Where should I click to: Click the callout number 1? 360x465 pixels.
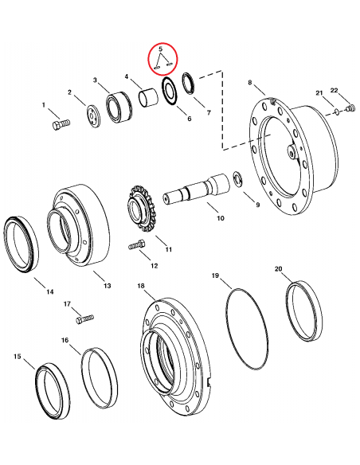pyautogui.click(x=45, y=105)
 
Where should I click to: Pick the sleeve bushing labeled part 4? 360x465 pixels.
pyautogui.click(x=148, y=100)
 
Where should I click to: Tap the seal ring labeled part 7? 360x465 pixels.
pyautogui.click(x=192, y=81)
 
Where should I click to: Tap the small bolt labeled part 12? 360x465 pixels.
pyautogui.click(x=136, y=246)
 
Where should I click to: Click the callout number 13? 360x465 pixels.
pyautogui.click(x=108, y=285)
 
